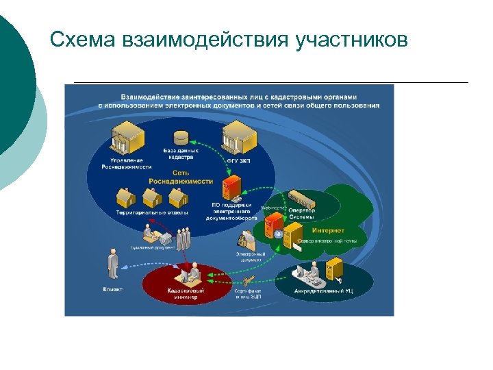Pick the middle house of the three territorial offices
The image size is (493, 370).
[151, 197]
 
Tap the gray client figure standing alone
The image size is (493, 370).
[110, 264]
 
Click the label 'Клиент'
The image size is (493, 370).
[112, 289]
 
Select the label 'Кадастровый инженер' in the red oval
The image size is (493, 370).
[186, 293]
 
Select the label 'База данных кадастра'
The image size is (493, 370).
[181, 153]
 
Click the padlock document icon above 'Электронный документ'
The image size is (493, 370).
[244, 241]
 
